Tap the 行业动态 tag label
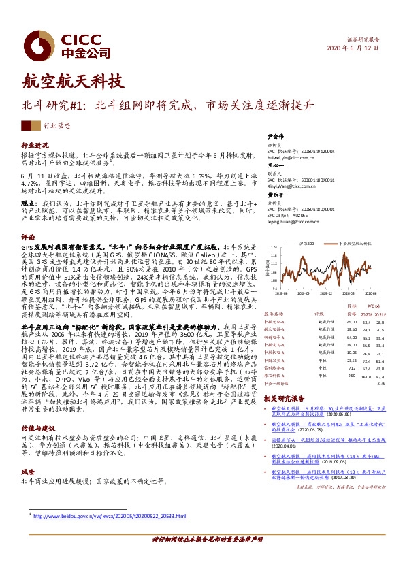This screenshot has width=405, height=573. tap(57, 126)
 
